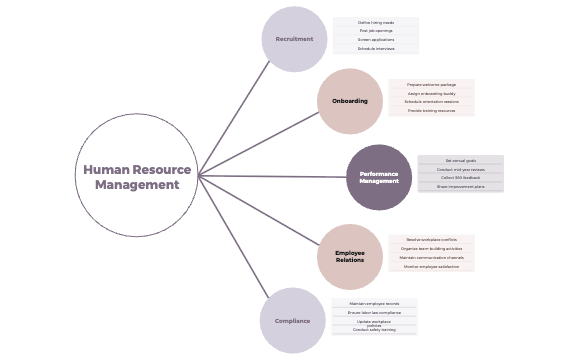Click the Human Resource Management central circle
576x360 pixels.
pyautogui.click(x=137, y=176)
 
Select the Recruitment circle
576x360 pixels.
pyautogui.click(x=294, y=39)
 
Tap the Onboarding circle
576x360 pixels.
pyautogui.click(x=350, y=101)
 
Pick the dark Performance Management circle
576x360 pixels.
pyautogui.click(x=379, y=177)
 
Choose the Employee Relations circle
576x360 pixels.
pyautogui.click(x=350, y=256)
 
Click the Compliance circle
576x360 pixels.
pyautogui.click(x=292, y=321)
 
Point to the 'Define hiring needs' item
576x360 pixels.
pyautogui.click(x=376, y=22)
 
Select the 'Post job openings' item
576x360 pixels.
pyautogui.click(x=376, y=31)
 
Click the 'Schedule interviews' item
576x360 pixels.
pyautogui.click(x=376, y=48)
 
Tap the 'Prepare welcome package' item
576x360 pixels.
pyautogui.click(x=431, y=85)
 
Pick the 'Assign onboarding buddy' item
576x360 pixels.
pyautogui.click(x=431, y=93)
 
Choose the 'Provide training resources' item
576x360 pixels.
pyautogui.click(x=431, y=111)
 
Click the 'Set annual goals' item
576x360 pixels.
pyautogui.click(x=460, y=160)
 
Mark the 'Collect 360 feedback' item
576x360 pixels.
pyautogui.click(x=460, y=177)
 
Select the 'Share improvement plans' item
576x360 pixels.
pyautogui.click(x=460, y=187)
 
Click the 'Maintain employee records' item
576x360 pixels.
pyautogui.click(x=375, y=303)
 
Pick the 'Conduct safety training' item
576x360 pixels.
pyautogui.click(x=375, y=330)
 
